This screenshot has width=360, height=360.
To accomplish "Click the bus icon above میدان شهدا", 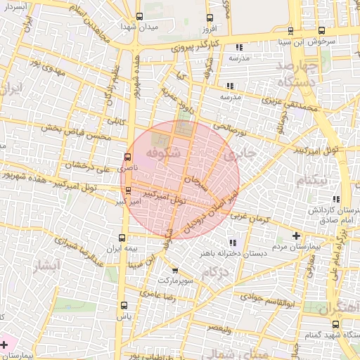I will [x=139, y=16].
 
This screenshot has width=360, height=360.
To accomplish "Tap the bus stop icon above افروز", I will [x=209, y=18].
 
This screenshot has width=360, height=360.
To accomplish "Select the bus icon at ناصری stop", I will [x=127, y=157].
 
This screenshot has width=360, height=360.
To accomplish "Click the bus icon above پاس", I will [x=124, y=305].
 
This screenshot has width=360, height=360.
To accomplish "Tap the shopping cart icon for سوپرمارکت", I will [x=175, y=270].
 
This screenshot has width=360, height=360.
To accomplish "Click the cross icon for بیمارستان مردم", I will [x=295, y=236].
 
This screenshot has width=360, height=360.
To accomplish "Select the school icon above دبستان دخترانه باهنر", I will [x=233, y=243].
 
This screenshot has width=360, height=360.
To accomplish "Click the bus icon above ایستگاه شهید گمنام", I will [x=335, y=324].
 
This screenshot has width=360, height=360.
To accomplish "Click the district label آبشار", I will [x=49, y=266].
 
